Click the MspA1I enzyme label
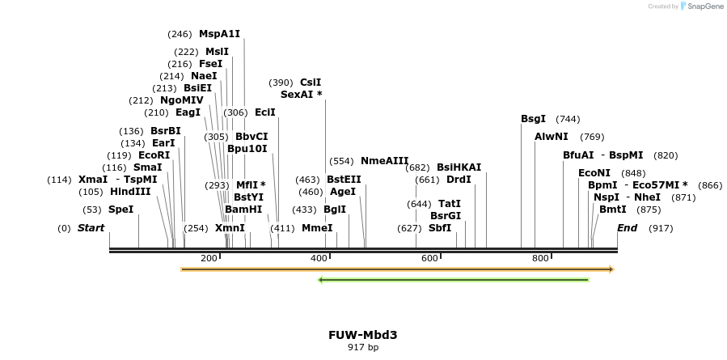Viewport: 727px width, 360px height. (219, 34)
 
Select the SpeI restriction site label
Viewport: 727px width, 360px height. (120, 210)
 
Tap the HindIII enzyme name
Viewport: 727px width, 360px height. (130, 192)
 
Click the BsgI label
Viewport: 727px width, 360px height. (533, 119)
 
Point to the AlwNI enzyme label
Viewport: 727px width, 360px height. (552, 137)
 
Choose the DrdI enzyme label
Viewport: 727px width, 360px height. (459, 180)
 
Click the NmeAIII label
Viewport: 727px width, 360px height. (384, 161)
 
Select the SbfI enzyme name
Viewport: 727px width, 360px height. (440, 228)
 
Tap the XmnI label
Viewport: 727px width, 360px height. (230, 228)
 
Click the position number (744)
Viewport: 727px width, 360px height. (568, 119)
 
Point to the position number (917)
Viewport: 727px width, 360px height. (661, 228)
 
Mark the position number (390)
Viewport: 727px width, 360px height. (281, 83)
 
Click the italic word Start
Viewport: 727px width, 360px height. (91, 228)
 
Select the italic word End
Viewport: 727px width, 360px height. (628, 228)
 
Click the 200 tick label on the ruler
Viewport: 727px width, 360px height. (209, 258)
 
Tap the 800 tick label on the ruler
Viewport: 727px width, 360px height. (540, 258)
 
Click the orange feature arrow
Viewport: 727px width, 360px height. (397, 269)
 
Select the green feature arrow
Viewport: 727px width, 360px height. (454, 280)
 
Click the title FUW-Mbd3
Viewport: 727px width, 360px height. (362, 335)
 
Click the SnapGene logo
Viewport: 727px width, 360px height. (701, 6)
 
